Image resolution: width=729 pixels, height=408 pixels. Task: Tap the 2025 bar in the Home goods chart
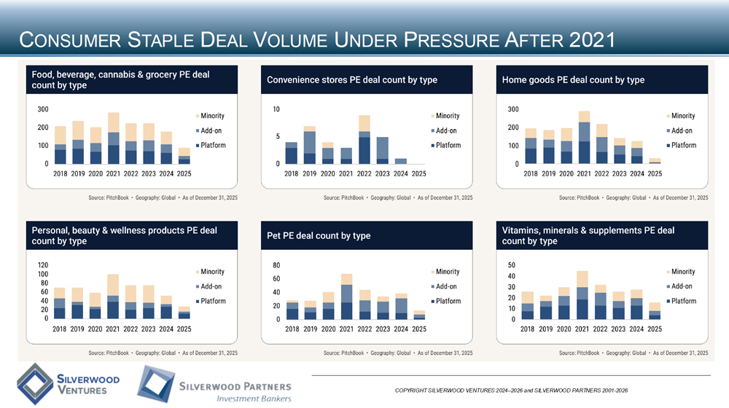coord(655,161)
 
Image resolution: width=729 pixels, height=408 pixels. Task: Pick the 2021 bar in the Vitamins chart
coord(582,295)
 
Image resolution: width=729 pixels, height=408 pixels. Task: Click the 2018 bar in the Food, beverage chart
coord(61,145)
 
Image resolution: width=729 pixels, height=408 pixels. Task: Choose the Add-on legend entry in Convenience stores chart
coord(443,130)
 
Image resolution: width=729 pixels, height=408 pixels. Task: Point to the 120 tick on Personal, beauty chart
coord(43,264)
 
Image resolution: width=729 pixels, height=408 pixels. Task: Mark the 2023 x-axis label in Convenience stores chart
coord(382,174)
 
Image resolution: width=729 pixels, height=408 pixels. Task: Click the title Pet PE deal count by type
coord(319,235)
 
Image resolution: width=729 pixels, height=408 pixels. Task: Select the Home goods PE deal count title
coord(573,79)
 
